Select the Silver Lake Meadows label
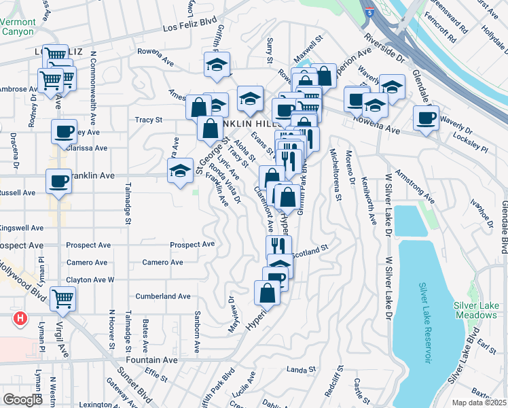point(475,310)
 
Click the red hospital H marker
point(20,318)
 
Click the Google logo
point(22,400)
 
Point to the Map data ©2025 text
point(479,403)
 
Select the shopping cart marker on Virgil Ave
point(62,298)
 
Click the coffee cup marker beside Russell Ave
point(58,182)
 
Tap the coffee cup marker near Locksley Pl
point(426,118)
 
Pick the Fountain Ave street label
point(151,360)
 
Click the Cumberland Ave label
point(163,296)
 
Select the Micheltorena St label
point(334,175)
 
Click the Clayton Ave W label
point(90,279)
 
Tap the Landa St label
point(297,369)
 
